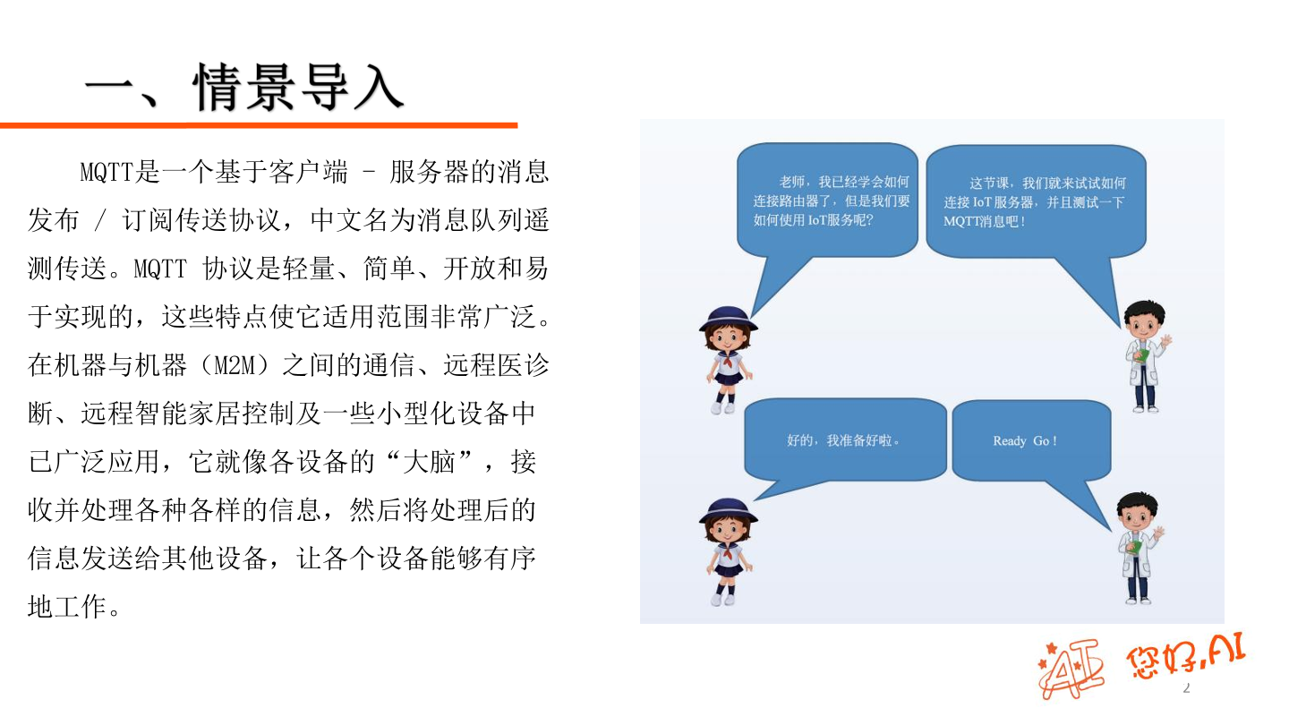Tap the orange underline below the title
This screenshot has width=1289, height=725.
(x=259, y=125)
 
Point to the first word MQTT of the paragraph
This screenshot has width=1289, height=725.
(x=107, y=173)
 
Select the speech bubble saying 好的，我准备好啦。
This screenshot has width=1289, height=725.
(x=844, y=441)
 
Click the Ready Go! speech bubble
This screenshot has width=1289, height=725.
(x=1029, y=441)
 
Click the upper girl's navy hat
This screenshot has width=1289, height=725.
(x=729, y=317)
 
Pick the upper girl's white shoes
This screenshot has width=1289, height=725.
(x=722, y=407)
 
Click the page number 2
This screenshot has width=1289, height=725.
(x=1187, y=687)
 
